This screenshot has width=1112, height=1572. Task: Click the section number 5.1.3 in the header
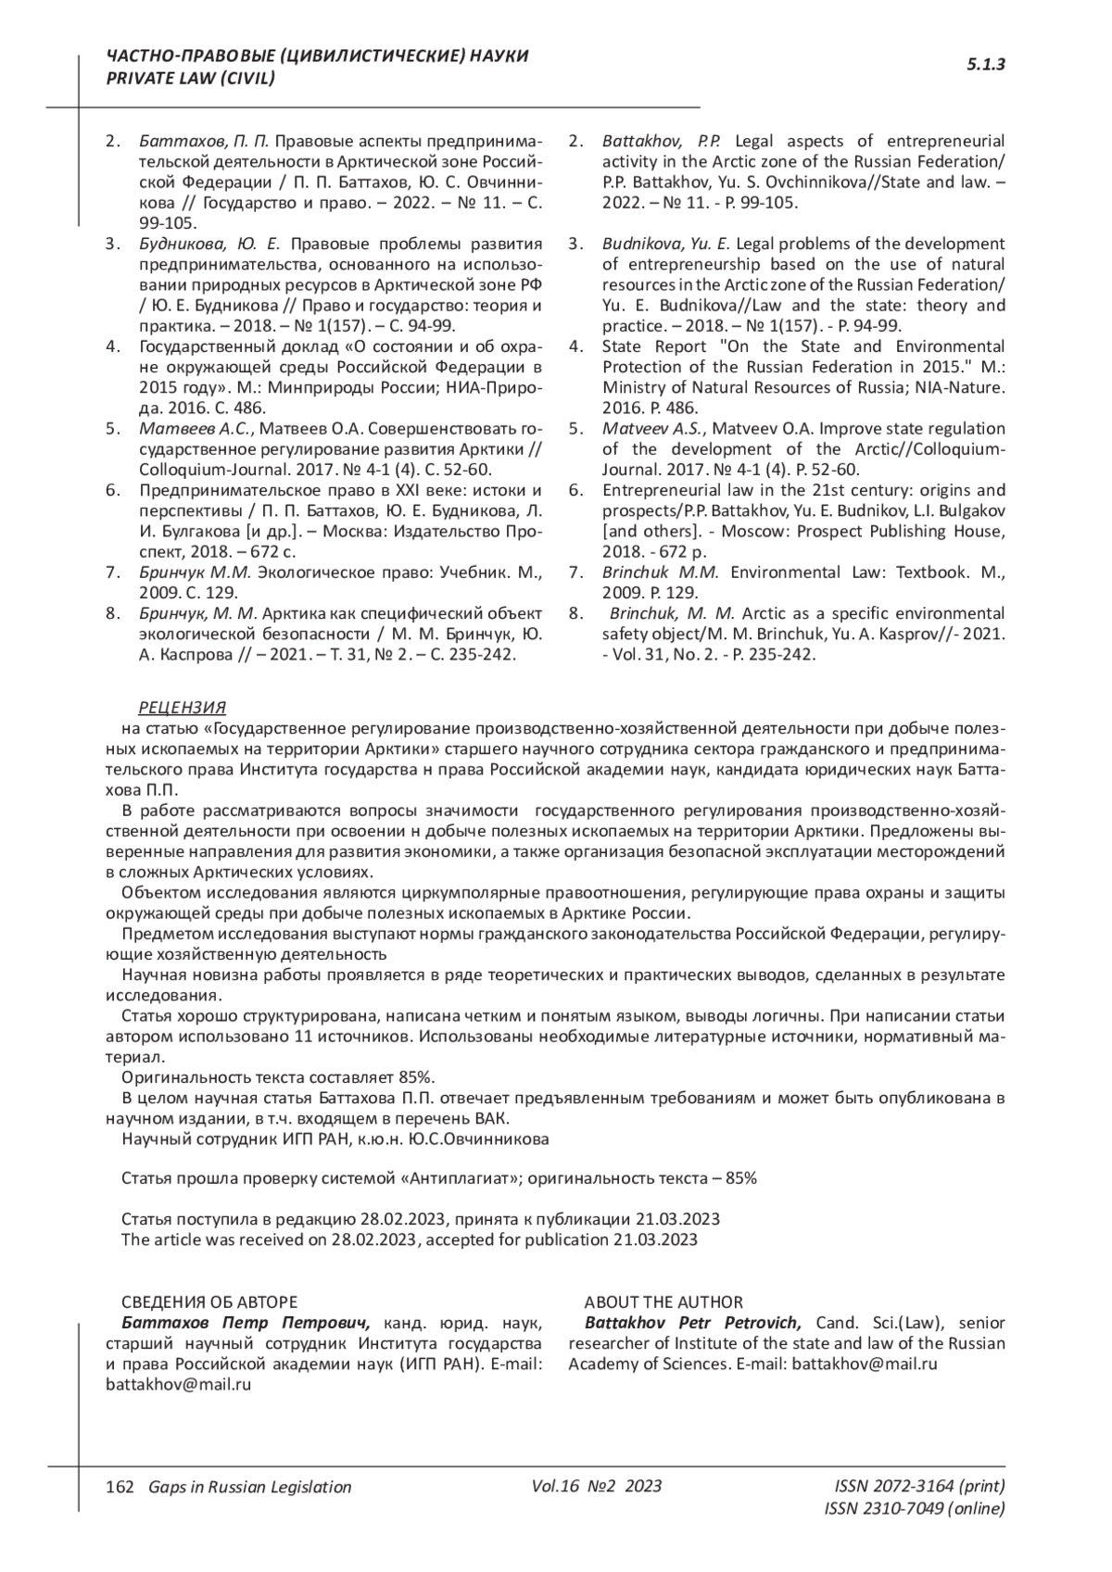point(986,65)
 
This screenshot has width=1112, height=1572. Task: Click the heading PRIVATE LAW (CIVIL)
point(192,78)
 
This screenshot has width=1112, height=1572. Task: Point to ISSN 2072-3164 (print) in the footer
point(919,1486)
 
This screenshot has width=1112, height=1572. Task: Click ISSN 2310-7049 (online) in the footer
point(914,1509)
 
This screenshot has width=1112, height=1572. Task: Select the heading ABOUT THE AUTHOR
point(663,1302)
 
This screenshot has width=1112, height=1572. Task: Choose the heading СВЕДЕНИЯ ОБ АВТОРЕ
point(209,1302)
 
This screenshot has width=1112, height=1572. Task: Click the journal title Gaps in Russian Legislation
point(244,1487)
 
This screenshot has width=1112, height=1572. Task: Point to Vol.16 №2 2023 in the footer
point(597,1486)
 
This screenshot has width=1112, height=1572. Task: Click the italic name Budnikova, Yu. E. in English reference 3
point(666,245)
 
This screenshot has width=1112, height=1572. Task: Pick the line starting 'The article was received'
point(409,1239)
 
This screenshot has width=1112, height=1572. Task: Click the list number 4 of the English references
point(575,346)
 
